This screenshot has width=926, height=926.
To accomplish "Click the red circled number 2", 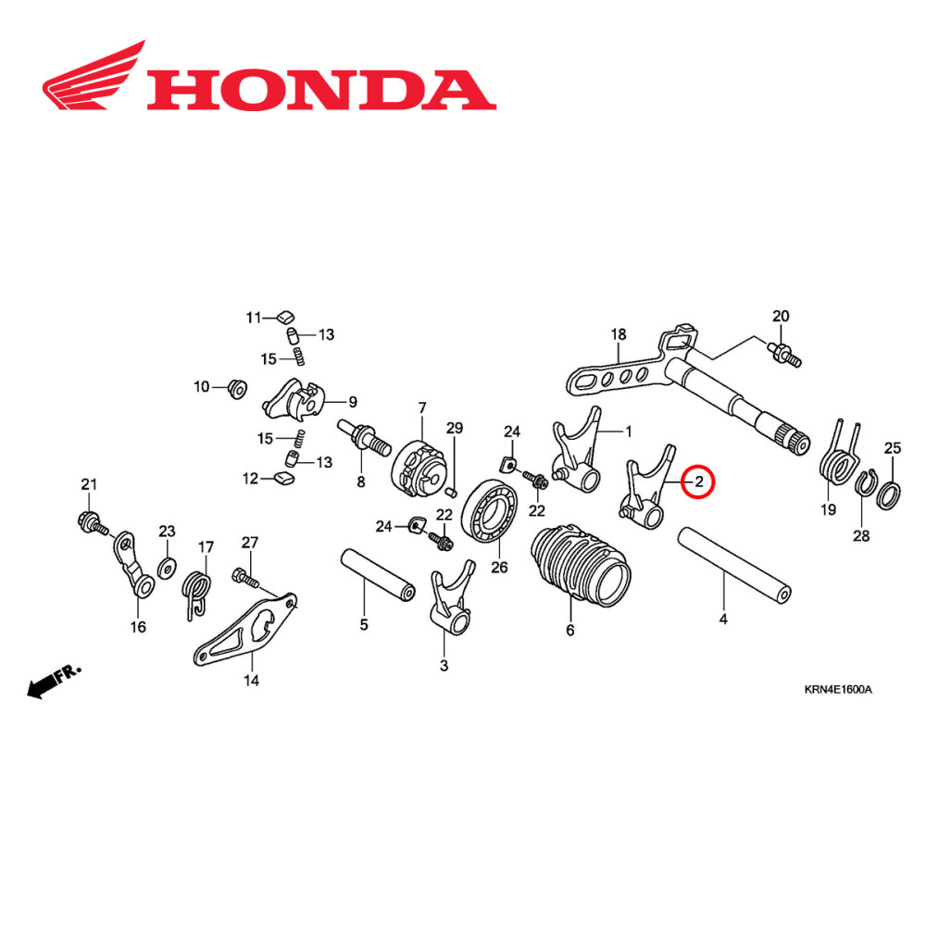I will click(x=699, y=482).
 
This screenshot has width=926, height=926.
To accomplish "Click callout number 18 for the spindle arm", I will click(x=619, y=334).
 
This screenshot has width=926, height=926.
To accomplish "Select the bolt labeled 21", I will click(x=94, y=520).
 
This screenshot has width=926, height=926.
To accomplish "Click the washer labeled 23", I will click(x=167, y=566).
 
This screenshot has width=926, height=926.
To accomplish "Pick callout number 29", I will click(x=454, y=428).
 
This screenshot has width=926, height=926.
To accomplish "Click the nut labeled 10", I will click(x=235, y=389).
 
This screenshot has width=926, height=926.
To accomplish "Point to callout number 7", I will click(x=421, y=408).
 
